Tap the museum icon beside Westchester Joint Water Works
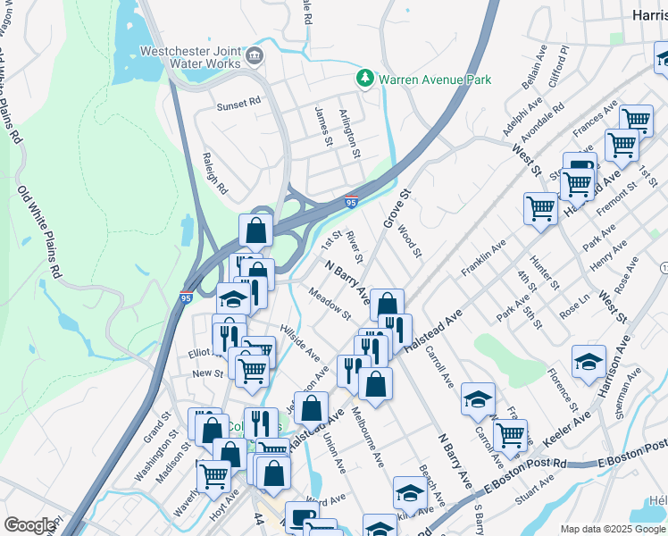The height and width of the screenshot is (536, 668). click(x=255, y=55)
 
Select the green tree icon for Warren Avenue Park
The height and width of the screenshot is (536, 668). click(x=365, y=79)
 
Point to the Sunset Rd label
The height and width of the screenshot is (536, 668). click(x=238, y=104)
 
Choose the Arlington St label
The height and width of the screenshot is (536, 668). click(x=350, y=133)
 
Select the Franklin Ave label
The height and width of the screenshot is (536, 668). click(x=483, y=256)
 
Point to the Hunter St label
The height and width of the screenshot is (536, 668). click(x=544, y=272)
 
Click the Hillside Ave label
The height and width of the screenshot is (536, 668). click(x=300, y=342)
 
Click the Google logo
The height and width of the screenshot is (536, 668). click(x=29, y=525)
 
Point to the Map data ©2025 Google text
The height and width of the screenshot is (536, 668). click(x=613, y=529)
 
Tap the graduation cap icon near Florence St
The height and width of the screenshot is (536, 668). click(x=589, y=362)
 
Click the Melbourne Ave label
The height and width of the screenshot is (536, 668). click(x=367, y=436)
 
